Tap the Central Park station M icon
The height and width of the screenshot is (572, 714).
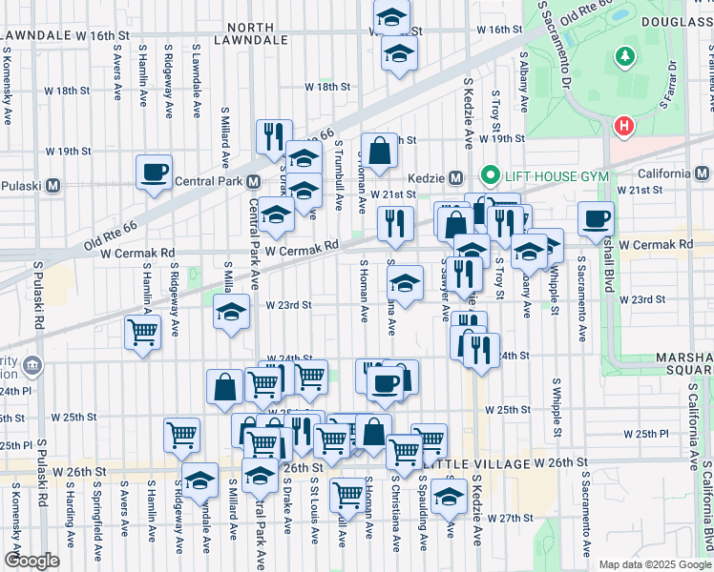coord(254,181)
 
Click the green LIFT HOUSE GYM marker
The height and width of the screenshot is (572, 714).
coord(491,174)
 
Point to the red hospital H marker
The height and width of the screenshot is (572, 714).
coord(624,125)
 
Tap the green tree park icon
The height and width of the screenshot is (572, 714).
coord(625,57)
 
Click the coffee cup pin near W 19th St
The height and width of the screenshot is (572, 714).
coord(154,173)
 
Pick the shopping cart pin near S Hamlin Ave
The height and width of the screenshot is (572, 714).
coord(142,333)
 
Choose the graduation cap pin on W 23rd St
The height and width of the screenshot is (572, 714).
coord(231,312)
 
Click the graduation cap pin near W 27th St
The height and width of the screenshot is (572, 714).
coord(449,496)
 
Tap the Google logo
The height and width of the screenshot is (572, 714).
coord(31,560)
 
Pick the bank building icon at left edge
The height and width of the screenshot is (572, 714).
coord(31,364)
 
